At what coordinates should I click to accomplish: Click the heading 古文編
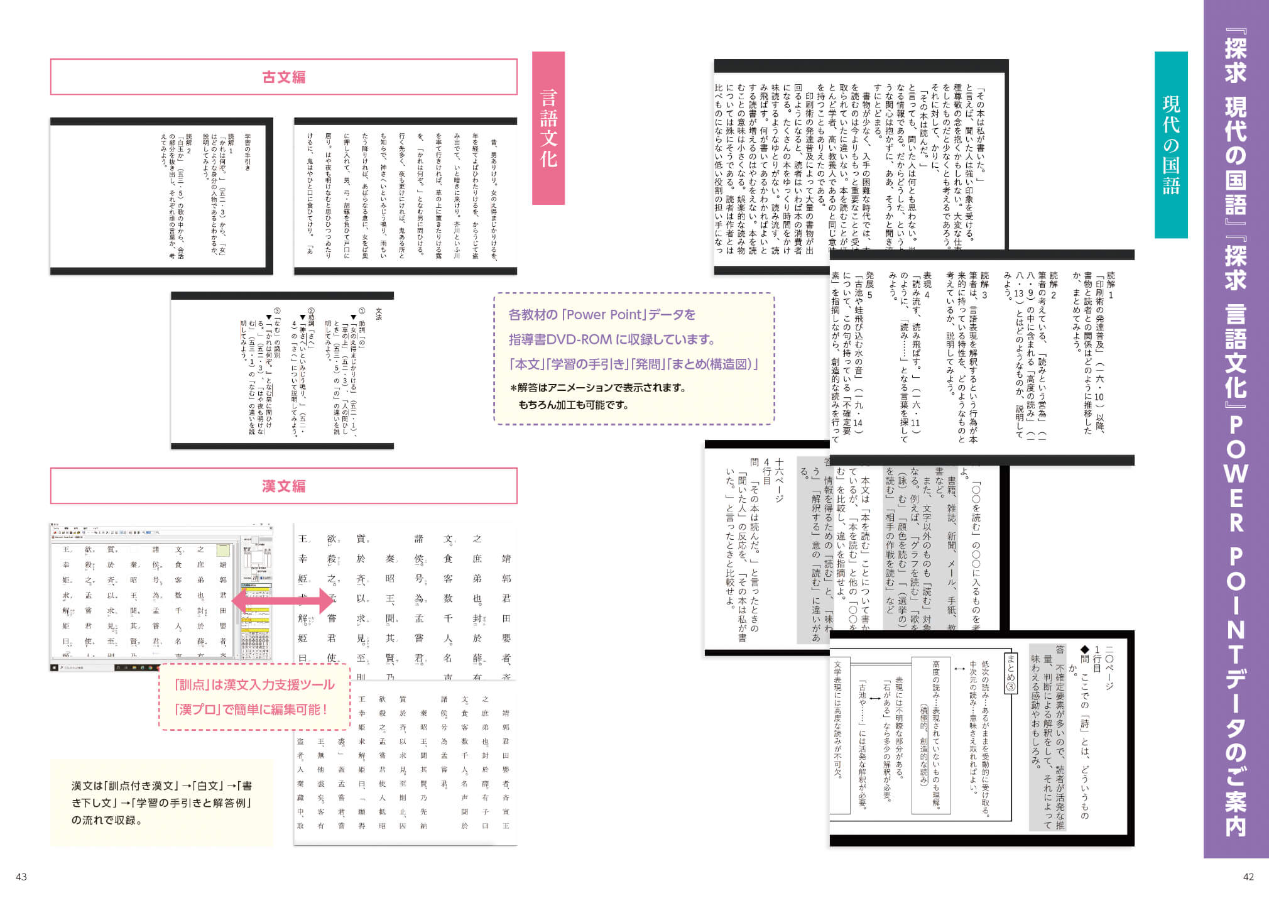click(x=283, y=77)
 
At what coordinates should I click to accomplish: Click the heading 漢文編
click(x=283, y=486)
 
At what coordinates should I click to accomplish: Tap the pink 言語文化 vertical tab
click(x=548, y=128)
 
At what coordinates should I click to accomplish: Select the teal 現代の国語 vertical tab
click(x=1171, y=145)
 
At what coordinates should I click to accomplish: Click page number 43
click(x=21, y=877)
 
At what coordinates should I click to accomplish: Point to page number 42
click(x=1248, y=877)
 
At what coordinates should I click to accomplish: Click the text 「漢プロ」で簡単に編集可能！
click(x=251, y=709)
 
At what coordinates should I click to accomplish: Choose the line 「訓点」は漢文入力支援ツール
click(x=254, y=684)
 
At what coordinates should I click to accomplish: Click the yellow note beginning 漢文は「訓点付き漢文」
click(x=162, y=802)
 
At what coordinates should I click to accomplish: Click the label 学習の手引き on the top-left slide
click(x=248, y=151)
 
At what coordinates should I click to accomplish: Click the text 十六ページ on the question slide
click(x=779, y=481)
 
